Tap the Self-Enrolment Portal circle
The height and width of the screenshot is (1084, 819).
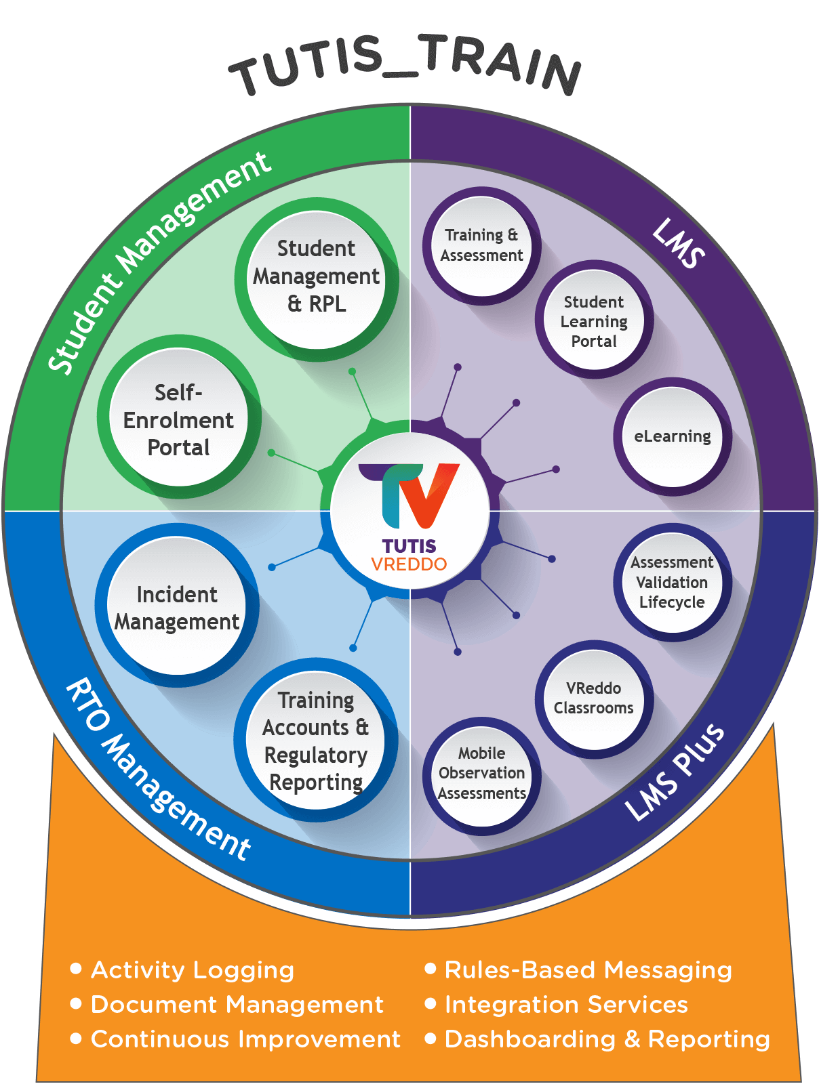click(178, 418)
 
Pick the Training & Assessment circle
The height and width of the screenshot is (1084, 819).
click(481, 245)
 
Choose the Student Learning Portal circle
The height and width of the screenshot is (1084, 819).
click(594, 320)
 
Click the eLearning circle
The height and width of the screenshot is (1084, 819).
click(672, 437)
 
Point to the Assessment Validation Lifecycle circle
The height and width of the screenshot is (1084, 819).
click(672, 583)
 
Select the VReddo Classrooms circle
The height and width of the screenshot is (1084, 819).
click(594, 699)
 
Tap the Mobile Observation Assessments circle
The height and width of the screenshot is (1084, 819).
click(481, 774)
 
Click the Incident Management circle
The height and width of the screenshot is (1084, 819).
click(177, 607)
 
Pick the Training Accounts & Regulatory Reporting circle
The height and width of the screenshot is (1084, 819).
click(316, 741)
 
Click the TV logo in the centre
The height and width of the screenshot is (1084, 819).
click(410, 495)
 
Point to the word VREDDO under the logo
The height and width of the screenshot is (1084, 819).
click(409, 564)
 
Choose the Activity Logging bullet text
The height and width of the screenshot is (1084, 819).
click(193, 970)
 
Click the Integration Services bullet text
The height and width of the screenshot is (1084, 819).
click(566, 1004)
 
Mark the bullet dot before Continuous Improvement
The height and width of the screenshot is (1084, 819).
click(77, 1038)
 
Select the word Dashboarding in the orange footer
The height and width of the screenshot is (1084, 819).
click(530, 1039)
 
